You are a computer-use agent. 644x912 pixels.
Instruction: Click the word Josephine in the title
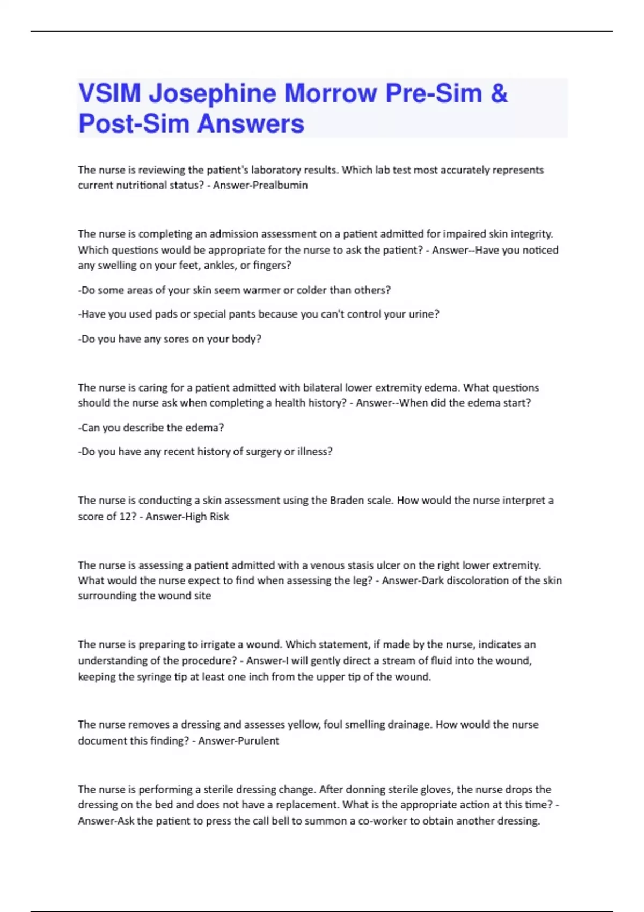coord(213,93)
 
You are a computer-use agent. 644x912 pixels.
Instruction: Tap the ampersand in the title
coord(499,93)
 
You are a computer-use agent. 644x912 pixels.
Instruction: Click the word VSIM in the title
coord(109,93)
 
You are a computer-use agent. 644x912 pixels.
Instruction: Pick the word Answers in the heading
coord(251,124)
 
